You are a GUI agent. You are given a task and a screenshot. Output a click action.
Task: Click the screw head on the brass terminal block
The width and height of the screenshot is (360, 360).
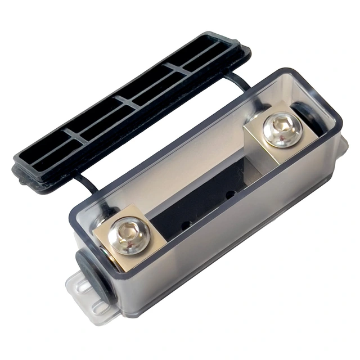130,236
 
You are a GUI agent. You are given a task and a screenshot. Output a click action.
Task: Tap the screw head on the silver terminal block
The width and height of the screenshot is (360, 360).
282,130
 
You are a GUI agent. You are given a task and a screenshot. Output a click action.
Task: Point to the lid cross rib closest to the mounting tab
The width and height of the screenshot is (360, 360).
76,137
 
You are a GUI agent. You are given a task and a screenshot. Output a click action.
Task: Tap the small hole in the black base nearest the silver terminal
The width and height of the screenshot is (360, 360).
230,195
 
